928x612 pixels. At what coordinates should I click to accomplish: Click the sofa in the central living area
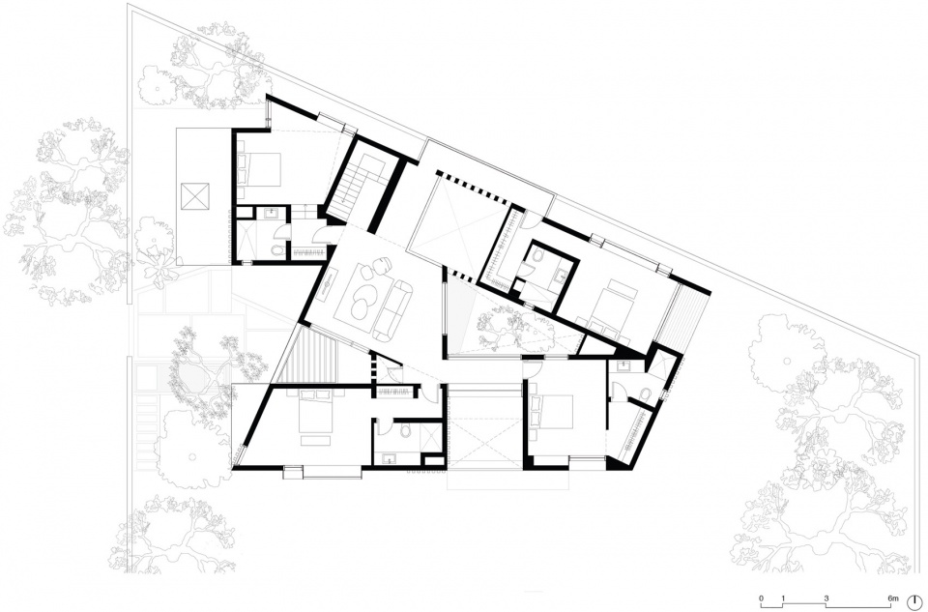point(391,307)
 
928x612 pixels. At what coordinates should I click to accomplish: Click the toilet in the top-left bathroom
point(278,250)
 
